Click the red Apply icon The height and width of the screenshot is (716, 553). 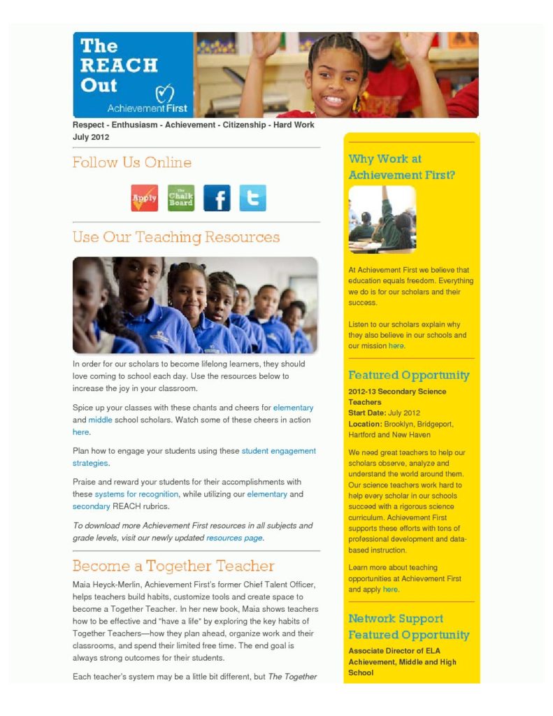tap(145, 198)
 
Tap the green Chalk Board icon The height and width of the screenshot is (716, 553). tap(181, 198)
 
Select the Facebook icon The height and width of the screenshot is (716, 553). tap(217, 198)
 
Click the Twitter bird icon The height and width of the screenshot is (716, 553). tap(252, 198)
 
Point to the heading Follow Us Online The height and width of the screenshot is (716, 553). tap(131, 163)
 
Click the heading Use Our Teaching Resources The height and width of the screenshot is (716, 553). tap(175, 237)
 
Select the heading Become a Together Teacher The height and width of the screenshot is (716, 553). tap(173, 566)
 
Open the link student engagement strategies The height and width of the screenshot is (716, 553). tap(278, 451)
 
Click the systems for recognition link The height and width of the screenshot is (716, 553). tap(136, 494)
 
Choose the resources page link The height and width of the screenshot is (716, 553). tap(234, 538)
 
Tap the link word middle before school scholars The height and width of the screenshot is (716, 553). tap(100, 420)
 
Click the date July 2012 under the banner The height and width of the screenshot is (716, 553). tap(91, 137)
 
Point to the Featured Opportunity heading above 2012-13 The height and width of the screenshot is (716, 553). tap(408, 375)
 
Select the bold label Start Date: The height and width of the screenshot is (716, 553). tap(366, 413)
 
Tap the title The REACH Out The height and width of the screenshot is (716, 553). tap(119, 66)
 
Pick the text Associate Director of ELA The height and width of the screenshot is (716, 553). tap(394, 651)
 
